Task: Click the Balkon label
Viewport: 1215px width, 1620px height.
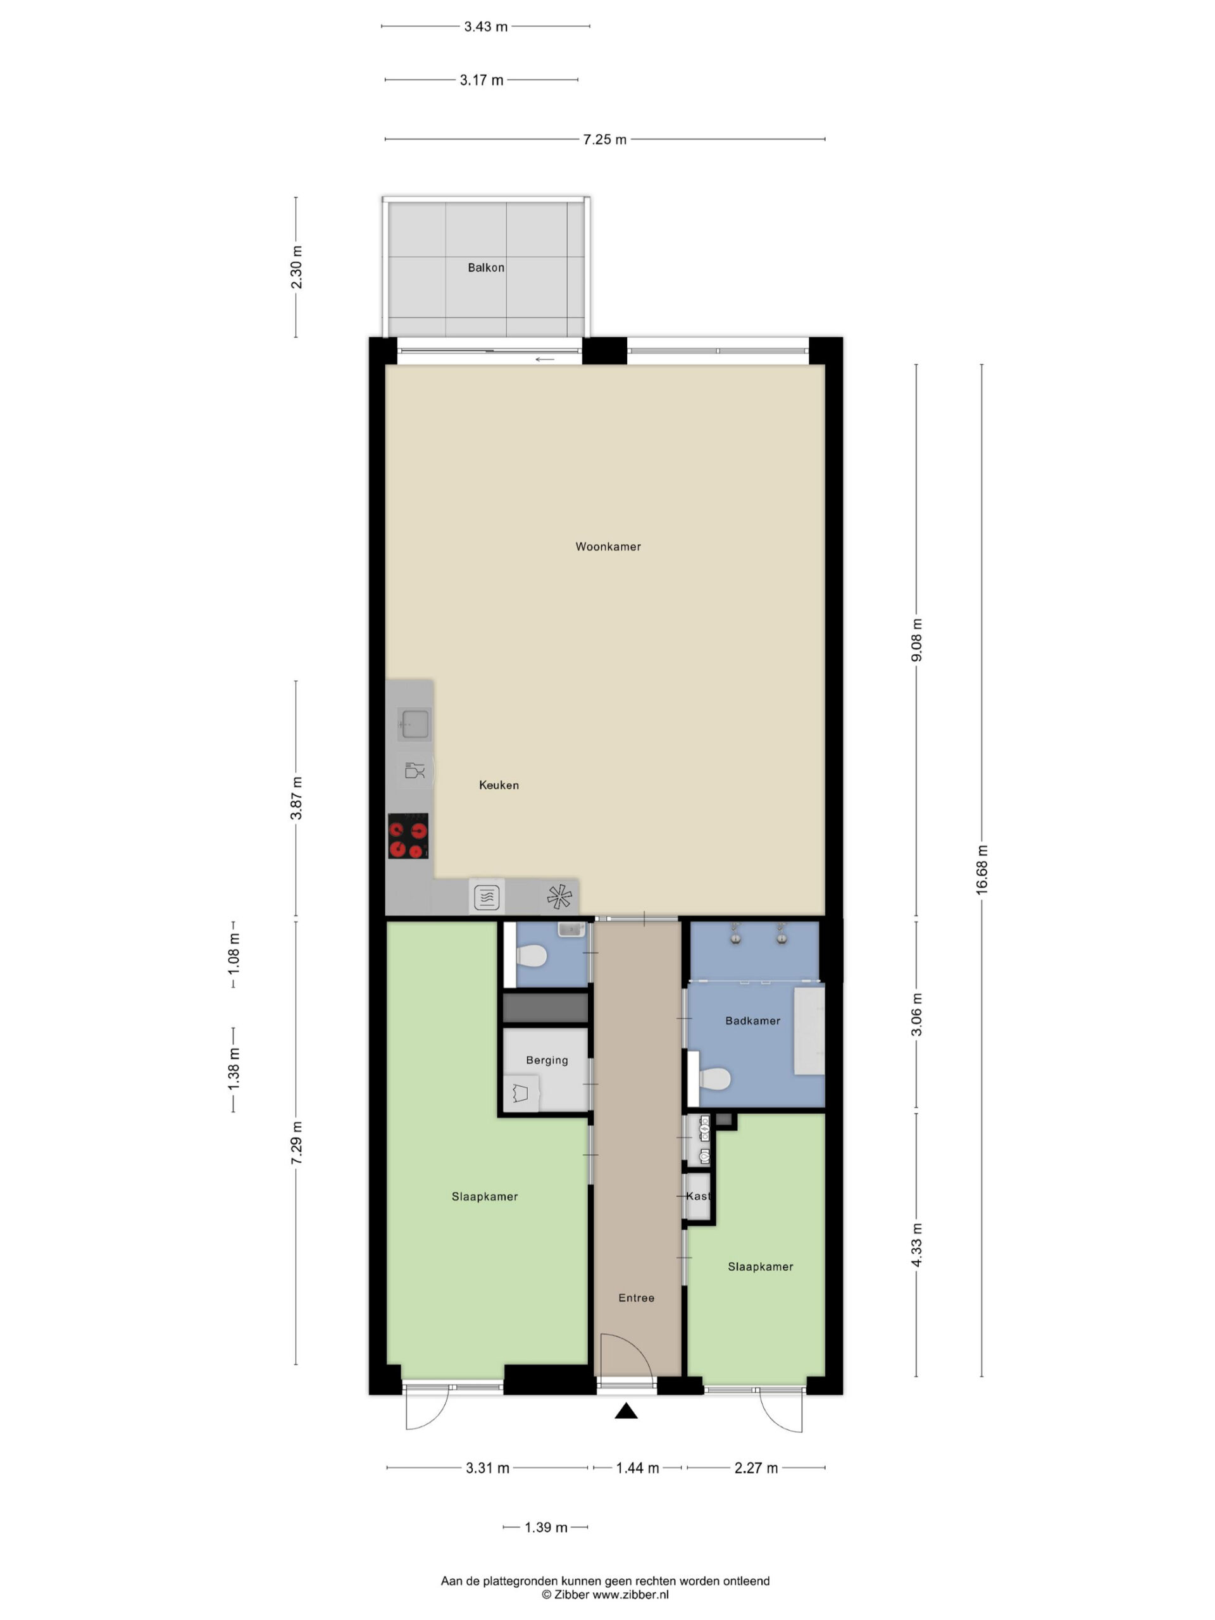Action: tap(485, 268)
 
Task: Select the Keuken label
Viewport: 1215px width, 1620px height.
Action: tap(498, 785)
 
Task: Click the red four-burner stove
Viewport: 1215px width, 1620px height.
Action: tap(408, 836)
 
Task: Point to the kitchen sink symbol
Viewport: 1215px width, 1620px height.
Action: tap(414, 723)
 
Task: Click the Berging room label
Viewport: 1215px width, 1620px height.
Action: tap(546, 1060)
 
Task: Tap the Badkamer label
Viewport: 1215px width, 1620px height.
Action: tap(752, 1021)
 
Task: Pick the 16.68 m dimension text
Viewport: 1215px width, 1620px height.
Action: tap(981, 869)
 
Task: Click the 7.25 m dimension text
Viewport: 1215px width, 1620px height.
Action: tap(604, 139)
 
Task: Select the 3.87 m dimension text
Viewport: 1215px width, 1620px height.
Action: tap(296, 798)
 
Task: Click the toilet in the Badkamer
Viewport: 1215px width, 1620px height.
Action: tap(714, 1078)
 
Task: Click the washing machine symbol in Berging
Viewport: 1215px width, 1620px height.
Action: tap(521, 1093)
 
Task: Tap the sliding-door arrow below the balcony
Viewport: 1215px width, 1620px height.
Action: tap(544, 359)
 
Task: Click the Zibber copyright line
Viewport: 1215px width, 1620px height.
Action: tap(605, 1594)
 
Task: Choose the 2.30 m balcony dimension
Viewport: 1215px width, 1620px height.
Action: tap(296, 267)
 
